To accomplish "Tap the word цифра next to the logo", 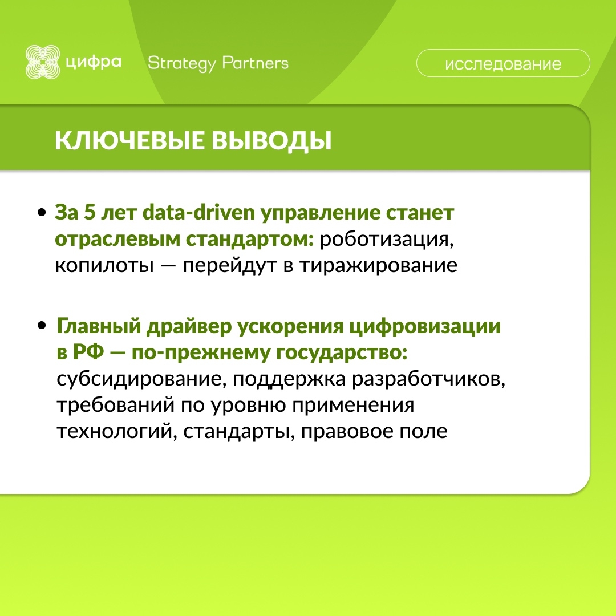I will pyautogui.click(x=93, y=62).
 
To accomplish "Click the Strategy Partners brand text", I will pyautogui.click(x=218, y=63).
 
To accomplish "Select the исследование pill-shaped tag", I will pyautogui.click(x=502, y=63).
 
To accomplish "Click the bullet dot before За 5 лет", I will pyautogui.click(x=42, y=213).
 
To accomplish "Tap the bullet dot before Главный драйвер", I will pyautogui.click(x=42, y=327).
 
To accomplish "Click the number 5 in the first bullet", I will pyautogui.click(x=89, y=213).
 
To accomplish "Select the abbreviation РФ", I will pyautogui.click(x=87, y=353).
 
